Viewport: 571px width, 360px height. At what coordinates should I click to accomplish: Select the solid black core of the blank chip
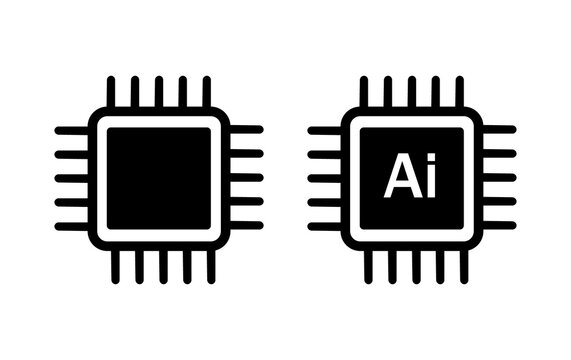pos(159,178)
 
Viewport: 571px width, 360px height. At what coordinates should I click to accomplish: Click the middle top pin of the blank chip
pos(159,91)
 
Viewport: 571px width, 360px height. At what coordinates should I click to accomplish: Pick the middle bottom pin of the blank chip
pos(159,265)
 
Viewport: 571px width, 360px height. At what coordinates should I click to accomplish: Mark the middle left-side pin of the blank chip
pos(72,178)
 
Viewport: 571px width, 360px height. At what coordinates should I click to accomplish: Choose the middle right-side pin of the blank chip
pos(246,178)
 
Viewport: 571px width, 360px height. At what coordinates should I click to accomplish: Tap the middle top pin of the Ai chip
pos(412,91)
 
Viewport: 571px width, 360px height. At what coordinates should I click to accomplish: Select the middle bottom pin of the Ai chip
pos(412,265)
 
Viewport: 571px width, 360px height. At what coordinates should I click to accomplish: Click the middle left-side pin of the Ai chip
pos(325,178)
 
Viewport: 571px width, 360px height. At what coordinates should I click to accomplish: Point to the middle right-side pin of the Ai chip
pos(499,178)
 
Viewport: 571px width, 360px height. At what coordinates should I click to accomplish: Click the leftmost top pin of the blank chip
pos(111,91)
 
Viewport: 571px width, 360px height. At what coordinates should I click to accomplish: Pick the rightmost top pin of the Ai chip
pos(460,91)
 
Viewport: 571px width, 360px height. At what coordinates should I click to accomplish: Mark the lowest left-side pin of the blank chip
pos(72,226)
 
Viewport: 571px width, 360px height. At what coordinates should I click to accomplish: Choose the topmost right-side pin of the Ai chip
pos(499,130)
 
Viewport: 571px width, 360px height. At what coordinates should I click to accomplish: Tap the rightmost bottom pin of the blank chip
pos(207,265)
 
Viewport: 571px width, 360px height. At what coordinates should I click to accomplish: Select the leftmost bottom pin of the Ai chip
pos(364,265)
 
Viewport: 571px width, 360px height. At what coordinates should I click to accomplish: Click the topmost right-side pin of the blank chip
pos(246,130)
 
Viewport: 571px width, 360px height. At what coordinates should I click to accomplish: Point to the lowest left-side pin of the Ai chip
pos(325,226)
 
